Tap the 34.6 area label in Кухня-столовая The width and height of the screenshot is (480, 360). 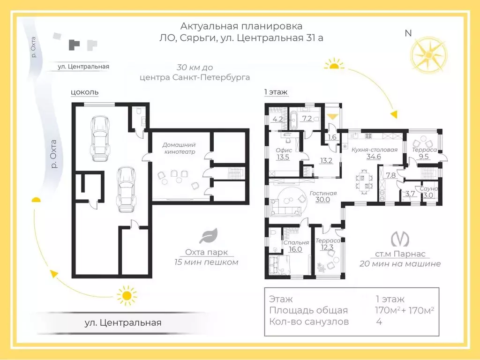[x=374, y=157]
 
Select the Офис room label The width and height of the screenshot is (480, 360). [x=284, y=150]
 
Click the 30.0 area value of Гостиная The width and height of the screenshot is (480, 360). [x=322, y=200]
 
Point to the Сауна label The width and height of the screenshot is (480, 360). [x=428, y=188]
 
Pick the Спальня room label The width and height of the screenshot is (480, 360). [x=296, y=242]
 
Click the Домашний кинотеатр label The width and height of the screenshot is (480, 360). [x=179, y=148]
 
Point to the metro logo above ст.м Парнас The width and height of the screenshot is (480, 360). [x=400, y=240]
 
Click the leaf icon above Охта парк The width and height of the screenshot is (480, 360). [x=209, y=235]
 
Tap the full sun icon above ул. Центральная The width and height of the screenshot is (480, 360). [x=127, y=295]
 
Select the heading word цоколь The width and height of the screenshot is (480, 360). [x=84, y=92]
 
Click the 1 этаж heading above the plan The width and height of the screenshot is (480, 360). [x=276, y=92]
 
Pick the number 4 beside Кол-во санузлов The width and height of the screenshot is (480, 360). [x=379, y=322]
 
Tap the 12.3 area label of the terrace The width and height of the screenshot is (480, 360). [x=327, y=247]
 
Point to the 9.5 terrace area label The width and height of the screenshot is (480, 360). [x=424, y=157]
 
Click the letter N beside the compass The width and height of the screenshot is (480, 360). [x=408, y=33]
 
